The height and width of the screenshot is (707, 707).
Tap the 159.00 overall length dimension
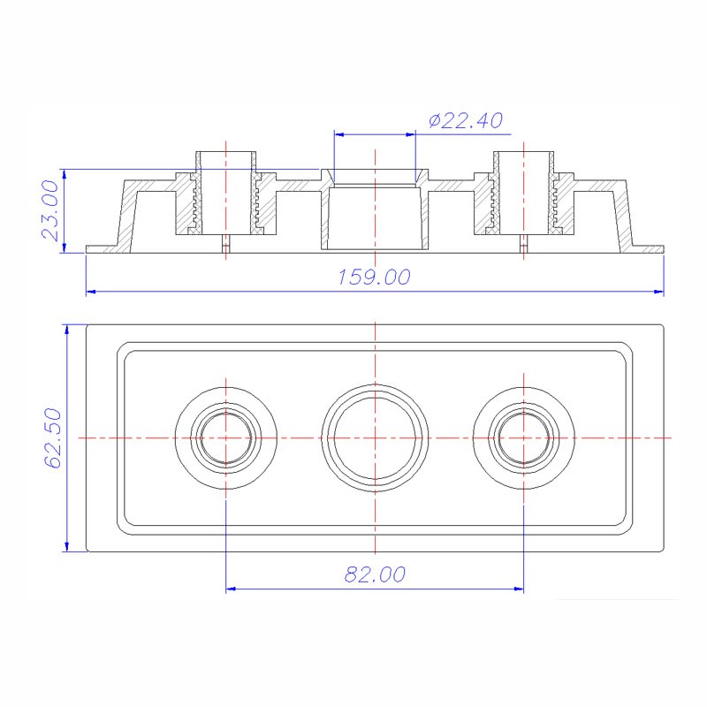(x=375, y=277)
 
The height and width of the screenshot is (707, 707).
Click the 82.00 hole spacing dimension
(x=375, y=574)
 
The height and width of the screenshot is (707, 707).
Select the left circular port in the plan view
(x=226, y=437)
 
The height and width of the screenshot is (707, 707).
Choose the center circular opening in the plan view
(x=375, y=437)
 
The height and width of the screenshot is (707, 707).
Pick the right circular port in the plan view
(x=523, y=437)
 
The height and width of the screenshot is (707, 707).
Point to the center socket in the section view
(x=375, y=212)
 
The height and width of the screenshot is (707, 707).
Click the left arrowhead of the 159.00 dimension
(x=90, y=291)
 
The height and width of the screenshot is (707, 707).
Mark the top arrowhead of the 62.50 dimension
(x=66, y=330)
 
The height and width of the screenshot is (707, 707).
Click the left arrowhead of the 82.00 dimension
(x=232, y=588)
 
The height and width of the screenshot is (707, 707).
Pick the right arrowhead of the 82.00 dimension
(x=519, y=588)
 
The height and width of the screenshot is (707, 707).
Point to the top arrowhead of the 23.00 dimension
(x=64, y=173)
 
